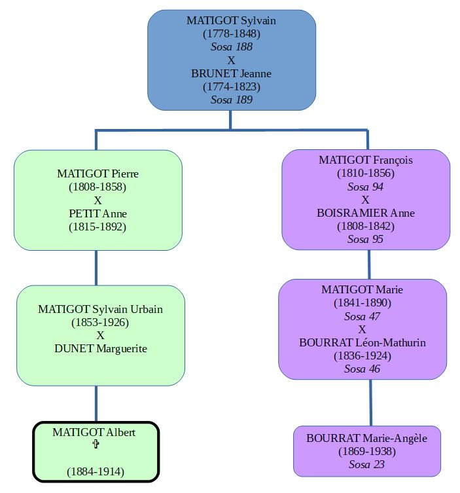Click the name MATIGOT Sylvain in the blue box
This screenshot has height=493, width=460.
(x=231, y=20)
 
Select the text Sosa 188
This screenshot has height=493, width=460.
(x=231, y=46)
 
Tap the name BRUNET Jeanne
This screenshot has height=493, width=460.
(x=231, y=73)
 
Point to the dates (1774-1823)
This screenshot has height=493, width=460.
(x=231, y=86)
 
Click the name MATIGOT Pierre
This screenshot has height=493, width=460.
(x=97, y=173)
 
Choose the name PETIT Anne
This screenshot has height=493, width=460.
(x=97, y=213)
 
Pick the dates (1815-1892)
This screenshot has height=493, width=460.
(x=97, y=227)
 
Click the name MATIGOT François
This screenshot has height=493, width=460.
(x=365, y=160)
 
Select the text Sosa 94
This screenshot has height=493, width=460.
(x=365, y=187)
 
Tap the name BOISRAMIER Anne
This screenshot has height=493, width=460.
(x=365, y=213)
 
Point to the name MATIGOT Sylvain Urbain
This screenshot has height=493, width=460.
(x=100, y=309)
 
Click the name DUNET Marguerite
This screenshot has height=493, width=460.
(x=100, y=348)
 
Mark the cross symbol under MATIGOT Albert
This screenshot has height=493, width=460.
(x=96, y=445)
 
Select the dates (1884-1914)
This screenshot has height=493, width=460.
(x=96, y=471)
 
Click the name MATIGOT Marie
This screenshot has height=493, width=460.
(x=362, y=289)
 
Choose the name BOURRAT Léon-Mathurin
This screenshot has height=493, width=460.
(x=362, y=342)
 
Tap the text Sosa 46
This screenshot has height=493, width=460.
(x=362, y=369)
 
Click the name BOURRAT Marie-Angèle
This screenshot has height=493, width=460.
(x=366, y=438)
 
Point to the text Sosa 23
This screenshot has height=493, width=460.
(x=366, y=464)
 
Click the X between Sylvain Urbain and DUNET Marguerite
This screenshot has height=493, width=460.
(x=100, y=335)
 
